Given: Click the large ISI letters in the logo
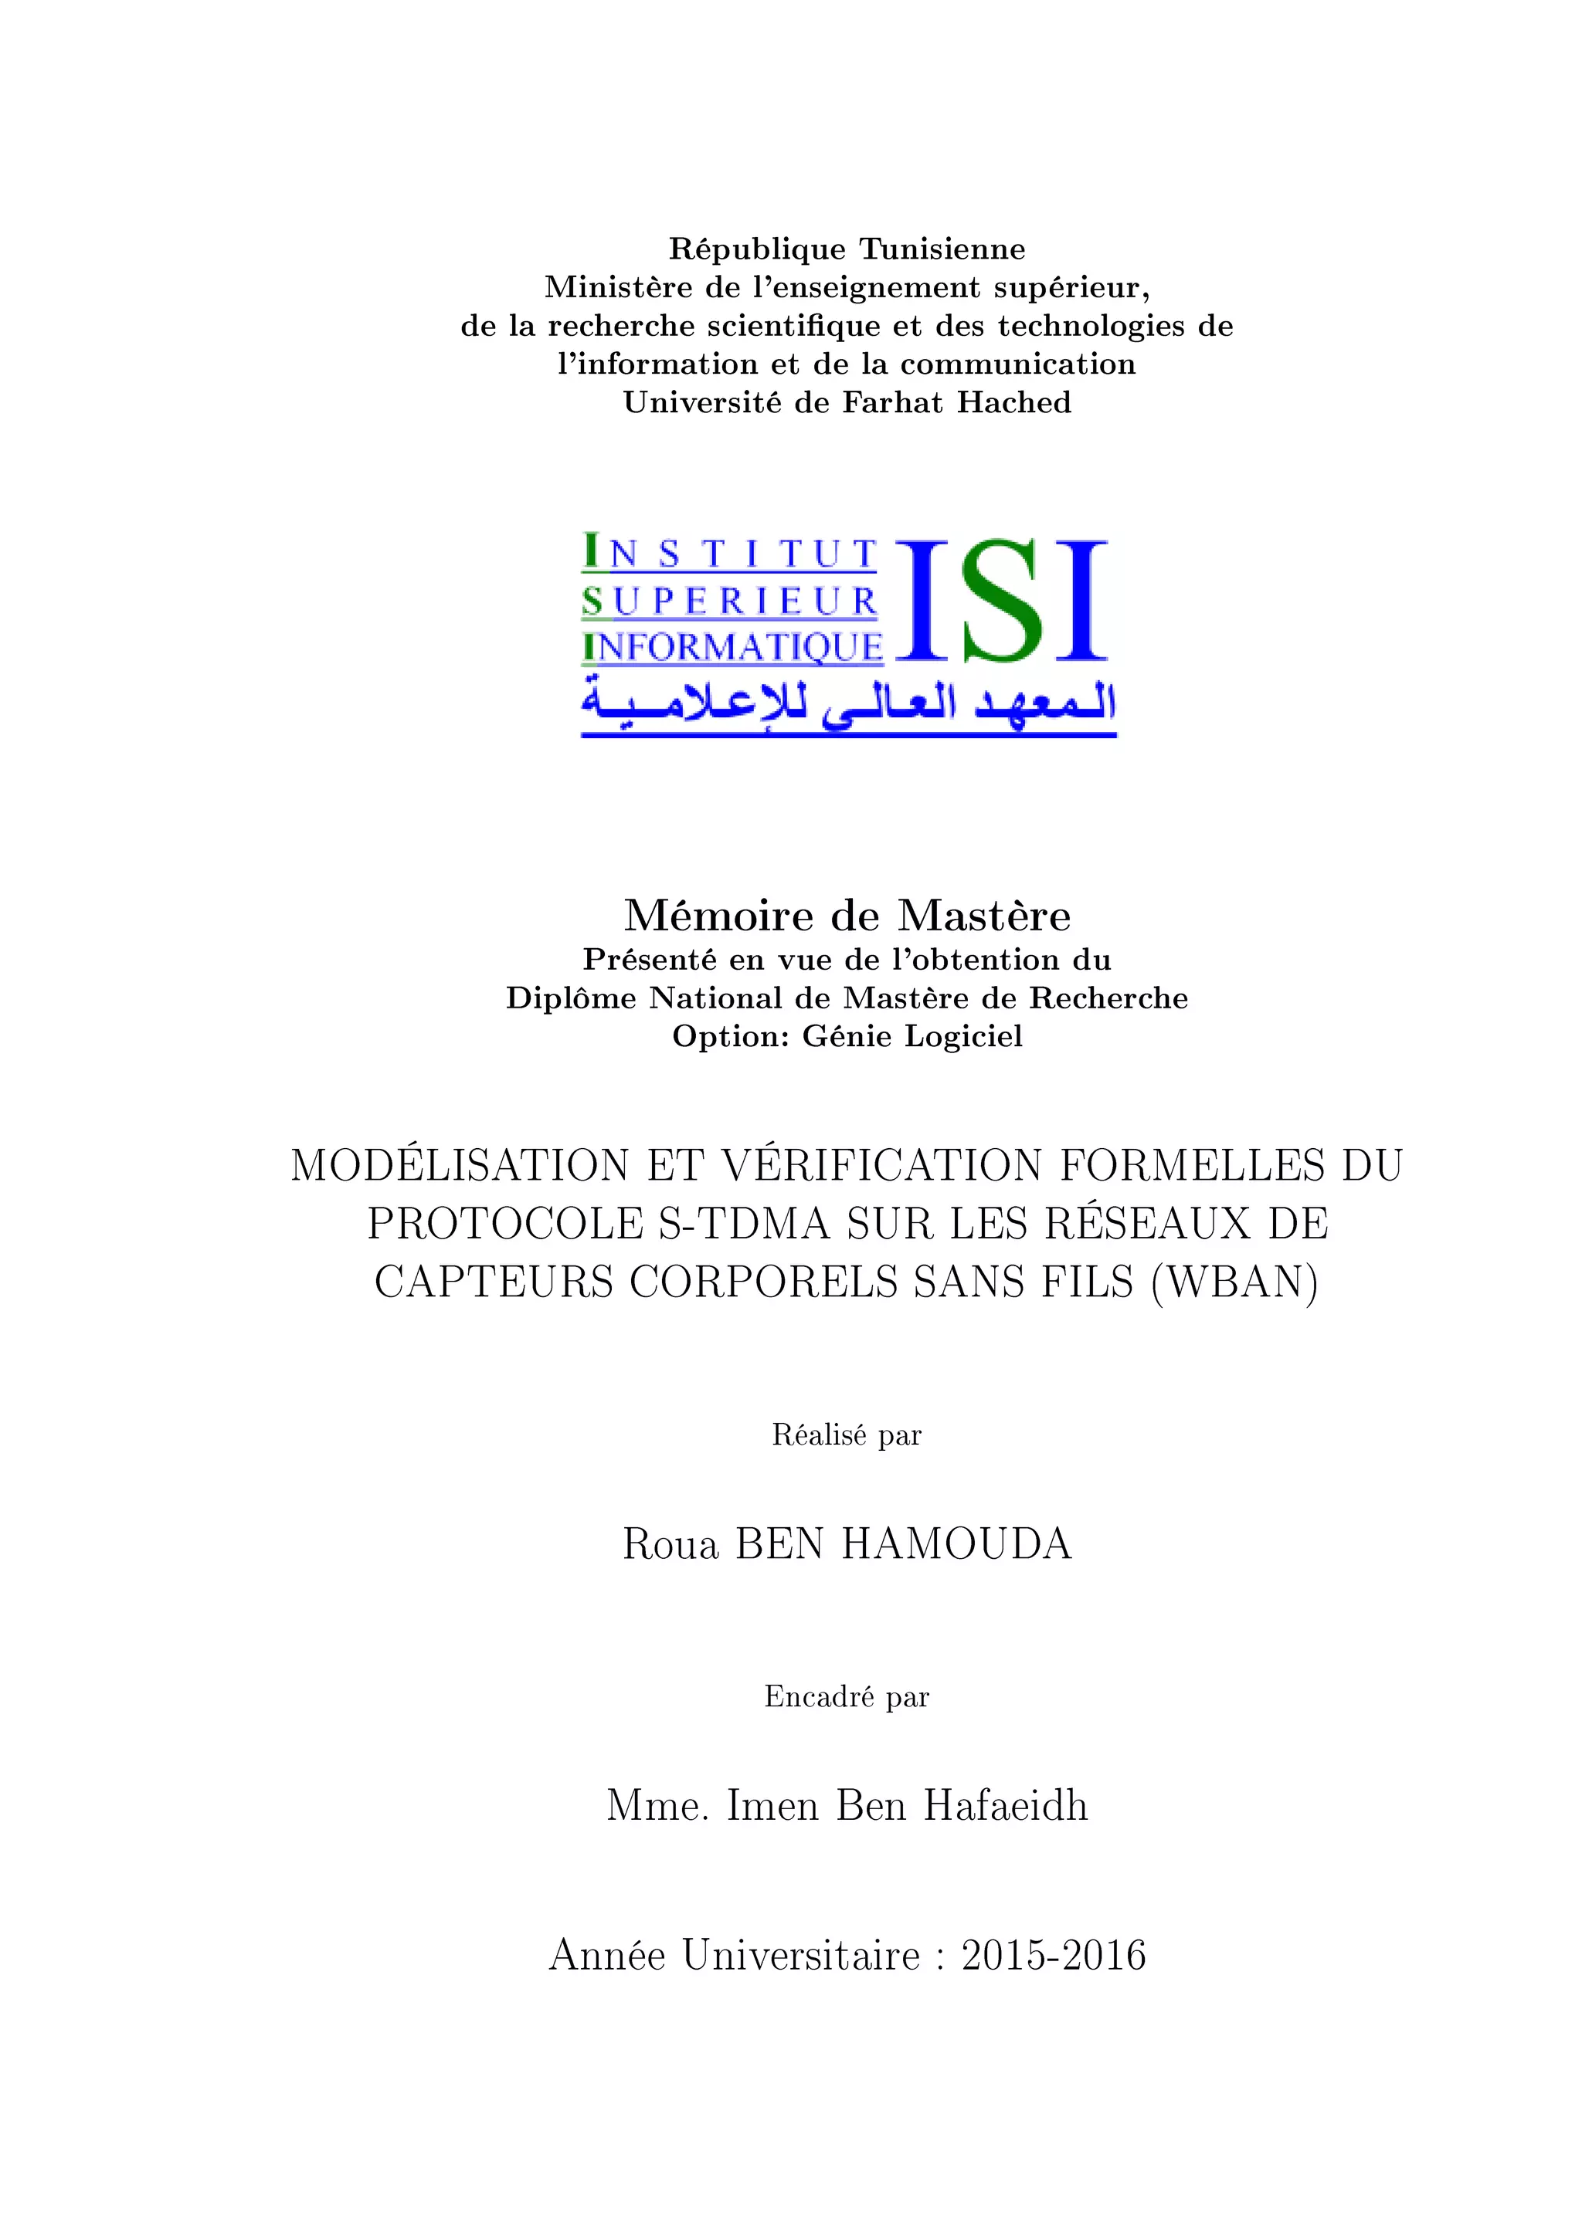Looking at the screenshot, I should tap(1000, 601).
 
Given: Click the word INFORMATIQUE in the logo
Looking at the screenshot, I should tap(732, 647).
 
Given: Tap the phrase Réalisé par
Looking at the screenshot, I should tap(847, 1435).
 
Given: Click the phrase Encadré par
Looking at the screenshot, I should tap(847, 1697).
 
